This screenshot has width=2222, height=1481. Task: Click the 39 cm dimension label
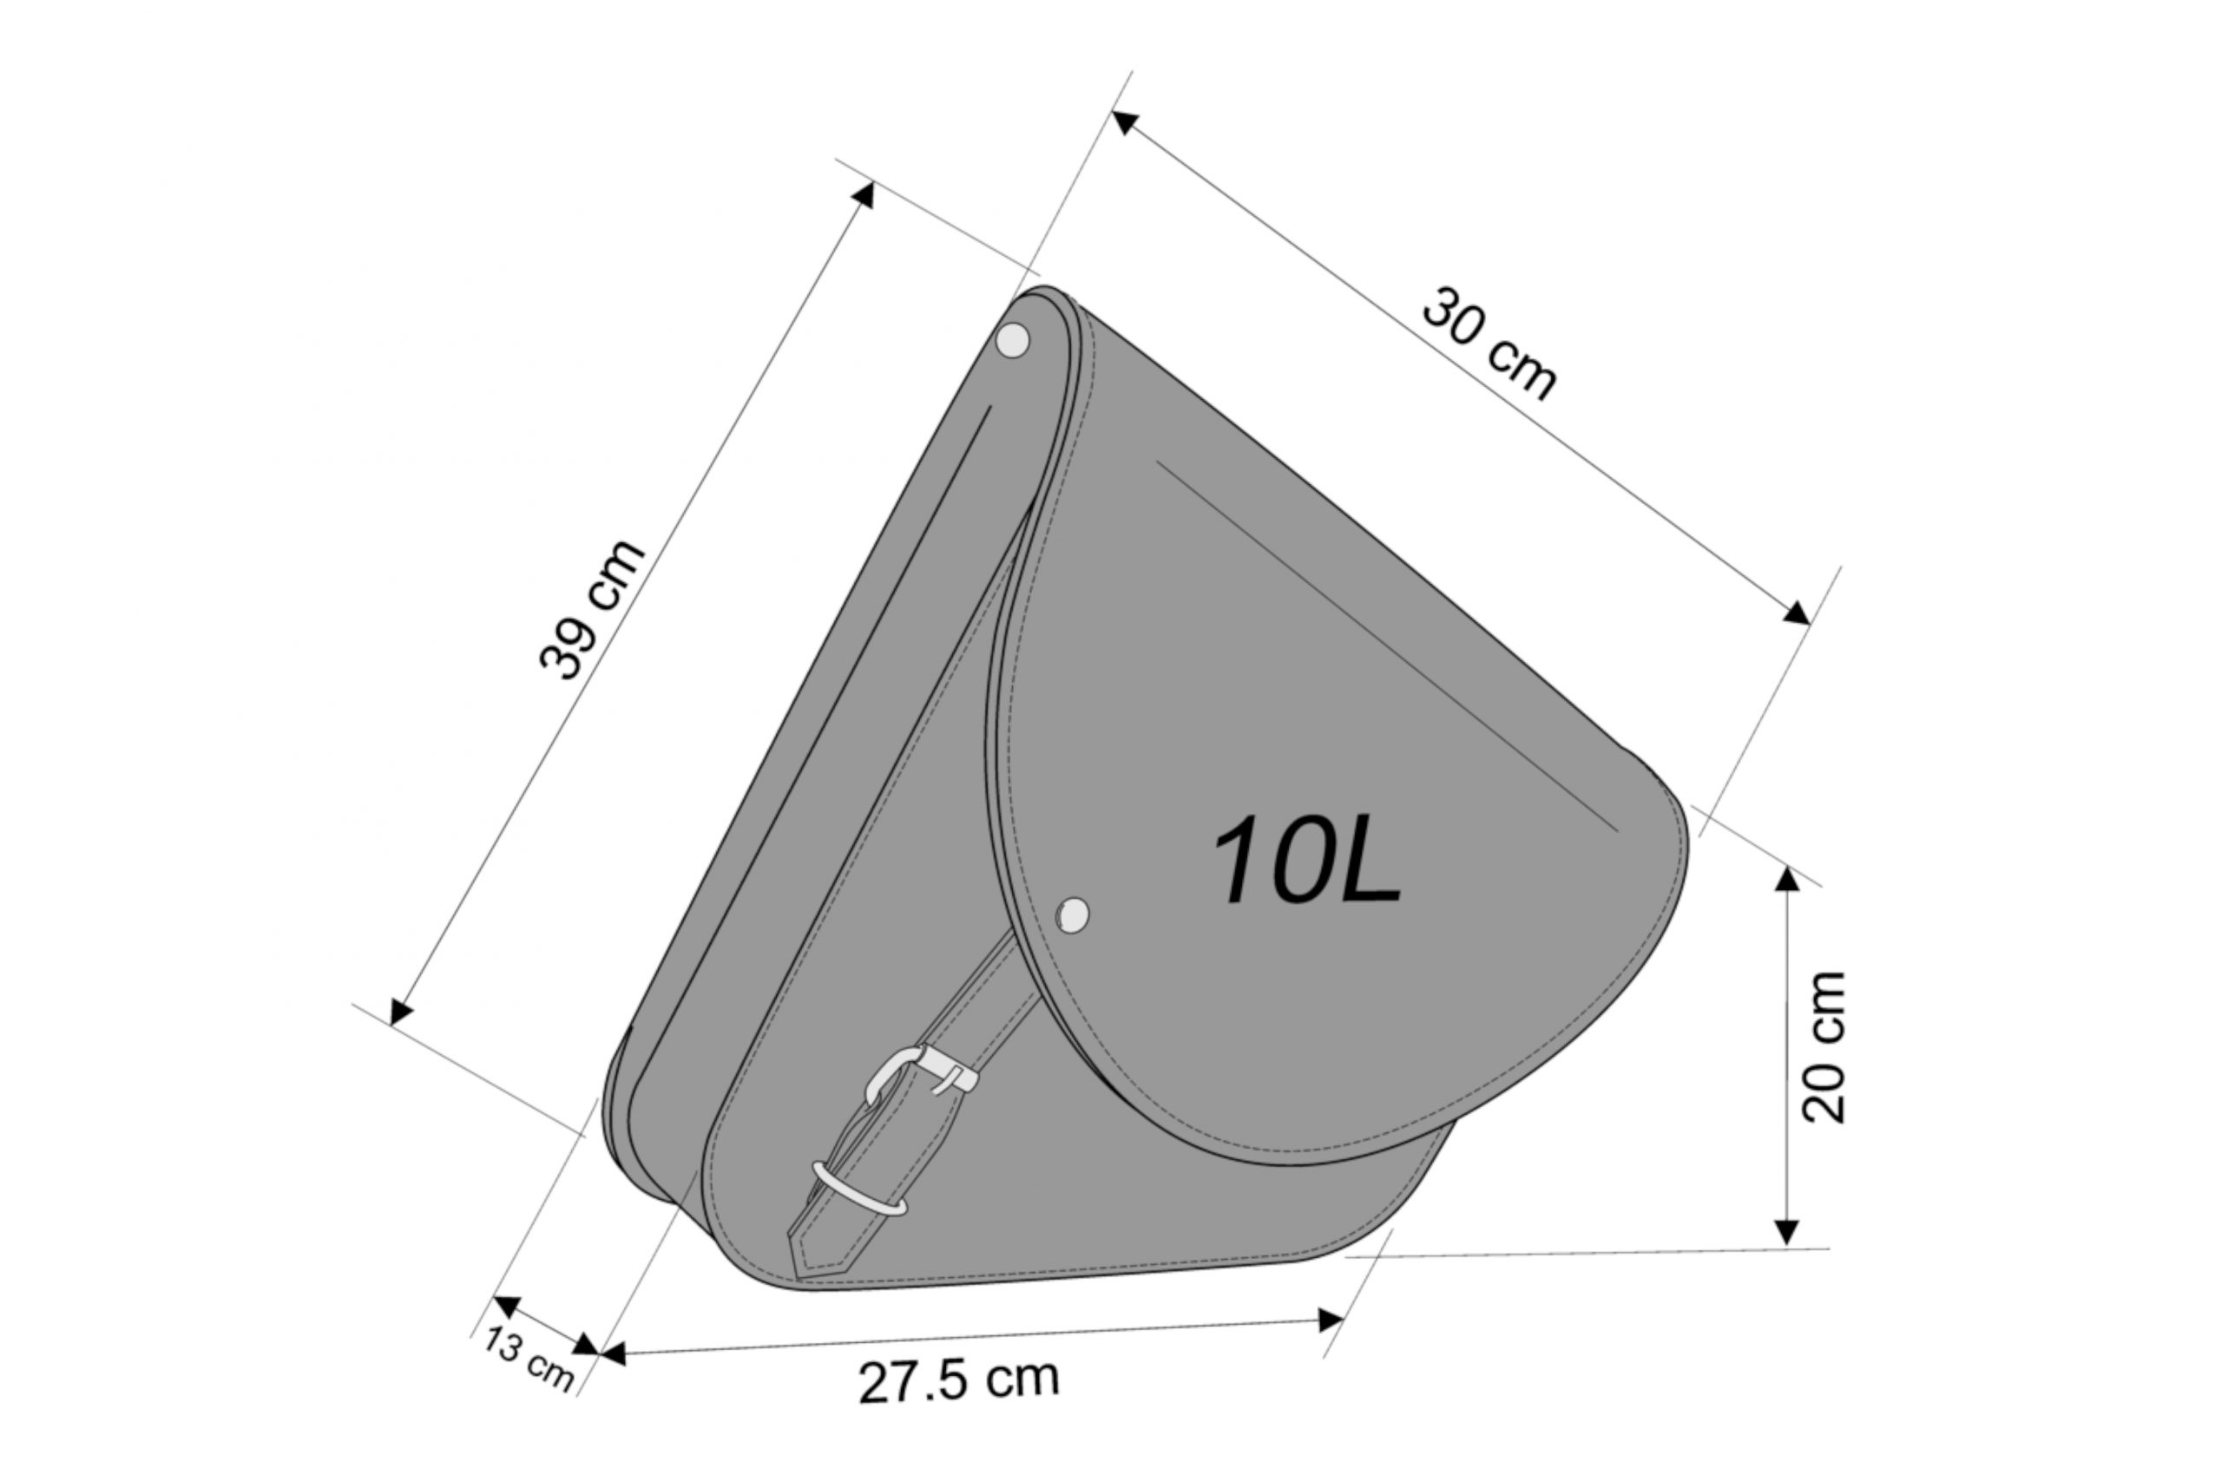point(592,609)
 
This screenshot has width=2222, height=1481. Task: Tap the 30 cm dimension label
point(1489,344)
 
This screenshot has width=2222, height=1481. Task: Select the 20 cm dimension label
point(1824,1047)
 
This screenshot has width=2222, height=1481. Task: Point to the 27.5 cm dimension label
point(959,1381)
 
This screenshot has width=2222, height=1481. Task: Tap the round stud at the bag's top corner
point(1014,340)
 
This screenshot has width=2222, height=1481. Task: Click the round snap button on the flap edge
point(1072,914)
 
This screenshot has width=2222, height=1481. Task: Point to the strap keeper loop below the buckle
point(859,1189)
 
